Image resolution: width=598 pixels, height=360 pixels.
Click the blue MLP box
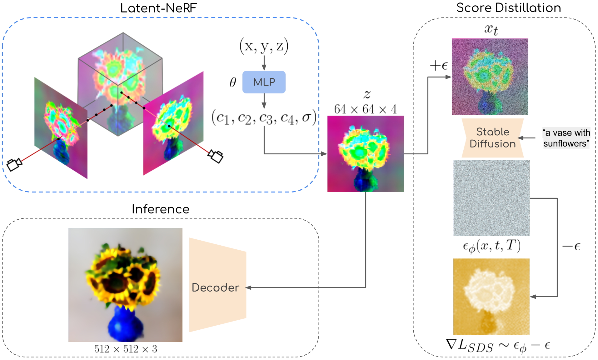264,82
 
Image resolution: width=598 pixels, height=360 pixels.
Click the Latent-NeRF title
158,8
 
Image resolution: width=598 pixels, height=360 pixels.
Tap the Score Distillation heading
508,8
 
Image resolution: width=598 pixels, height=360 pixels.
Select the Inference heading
160,209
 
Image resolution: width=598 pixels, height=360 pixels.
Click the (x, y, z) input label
264,46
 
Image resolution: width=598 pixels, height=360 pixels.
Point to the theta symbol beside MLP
233,82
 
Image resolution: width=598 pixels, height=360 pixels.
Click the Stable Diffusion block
492,138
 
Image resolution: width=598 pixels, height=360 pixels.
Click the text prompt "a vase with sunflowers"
566,138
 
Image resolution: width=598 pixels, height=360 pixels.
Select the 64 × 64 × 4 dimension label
365,109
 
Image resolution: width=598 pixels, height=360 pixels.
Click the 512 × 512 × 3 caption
126,349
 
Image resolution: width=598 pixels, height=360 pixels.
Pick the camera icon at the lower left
14,164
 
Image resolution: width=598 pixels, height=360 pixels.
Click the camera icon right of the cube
216,156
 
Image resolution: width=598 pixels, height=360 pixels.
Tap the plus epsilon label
439,66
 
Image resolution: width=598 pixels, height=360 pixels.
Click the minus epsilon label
571,247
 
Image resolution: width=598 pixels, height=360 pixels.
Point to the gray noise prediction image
491,198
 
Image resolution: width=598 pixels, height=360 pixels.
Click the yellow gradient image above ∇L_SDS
491,296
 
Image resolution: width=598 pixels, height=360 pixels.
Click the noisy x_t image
490,77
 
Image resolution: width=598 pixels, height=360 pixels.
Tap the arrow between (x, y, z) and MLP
264,63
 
